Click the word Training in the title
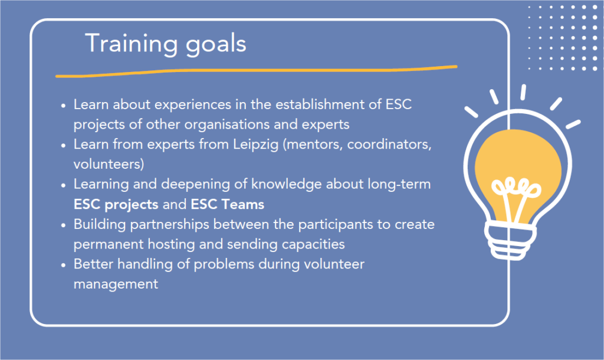[x=132, y=44]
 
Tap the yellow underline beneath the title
[x=256, y=71]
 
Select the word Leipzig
[x=255, y=145]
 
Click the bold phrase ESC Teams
[x=227, y=204]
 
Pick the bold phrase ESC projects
[x=116, y=205]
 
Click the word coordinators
[x=389, y=145]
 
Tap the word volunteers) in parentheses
[x=109, y=165]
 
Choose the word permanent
[x=109, y=245]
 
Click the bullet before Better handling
[x=64, y=265]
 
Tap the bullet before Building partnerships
[x=64, y=225]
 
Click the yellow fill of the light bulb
[x=518, y=162]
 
